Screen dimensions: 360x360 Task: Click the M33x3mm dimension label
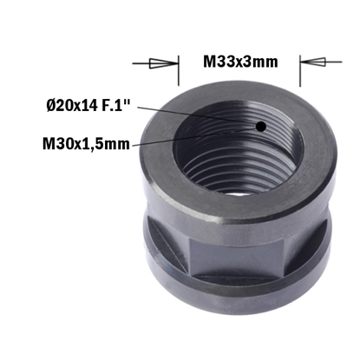click(240, 62)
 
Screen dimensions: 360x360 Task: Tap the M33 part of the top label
click(220, 62)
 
